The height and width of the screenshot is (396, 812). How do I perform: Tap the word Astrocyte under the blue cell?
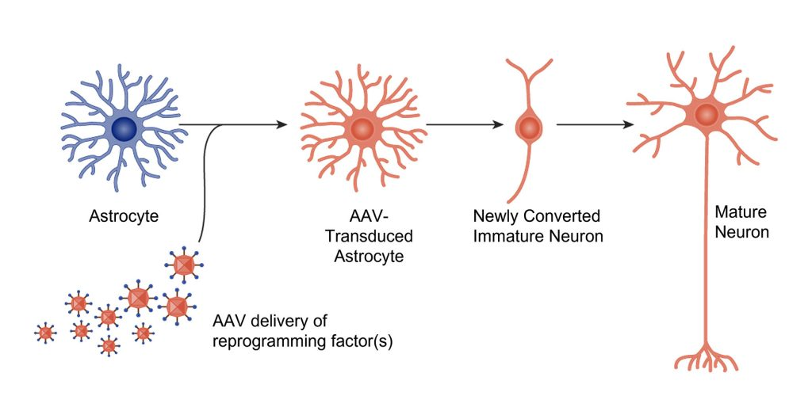[x=123, y=215]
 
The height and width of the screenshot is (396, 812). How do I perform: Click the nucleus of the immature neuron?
[x=528, y=126]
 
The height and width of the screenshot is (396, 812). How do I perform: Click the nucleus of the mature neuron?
[x=707, y=116]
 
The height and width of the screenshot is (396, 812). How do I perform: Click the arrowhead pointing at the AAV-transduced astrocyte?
[x=282, y=124]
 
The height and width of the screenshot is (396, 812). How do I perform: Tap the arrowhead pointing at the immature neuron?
[x=499, y=124]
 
